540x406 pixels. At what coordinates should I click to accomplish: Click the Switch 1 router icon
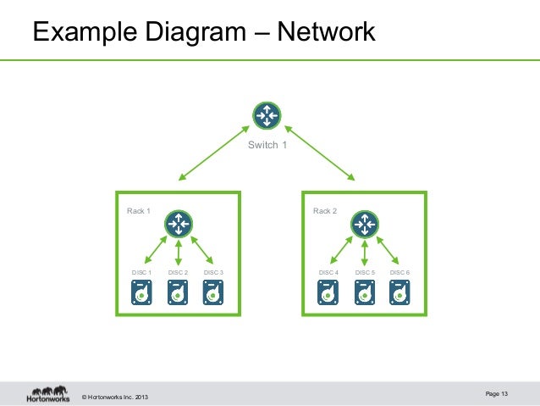tap(267, 117)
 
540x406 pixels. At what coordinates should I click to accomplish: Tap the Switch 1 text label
tap(267, 145)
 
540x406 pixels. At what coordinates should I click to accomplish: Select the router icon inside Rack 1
tap(178, 224)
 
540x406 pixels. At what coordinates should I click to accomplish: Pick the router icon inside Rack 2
tap(365, 224)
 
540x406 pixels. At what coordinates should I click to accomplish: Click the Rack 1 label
tap(138, 211)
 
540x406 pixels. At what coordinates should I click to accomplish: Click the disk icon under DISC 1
tap(141, 292)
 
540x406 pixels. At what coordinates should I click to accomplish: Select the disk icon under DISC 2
tap(178, 292)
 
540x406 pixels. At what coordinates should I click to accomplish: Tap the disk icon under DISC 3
tap(213, 292)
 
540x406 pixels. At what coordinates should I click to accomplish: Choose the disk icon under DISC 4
tap(328, 292)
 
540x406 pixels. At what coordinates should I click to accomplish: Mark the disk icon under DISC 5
tap(365, 292)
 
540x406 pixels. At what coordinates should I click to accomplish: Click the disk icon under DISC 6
tap(400, 292)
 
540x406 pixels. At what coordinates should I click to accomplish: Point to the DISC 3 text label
tap(213, 272)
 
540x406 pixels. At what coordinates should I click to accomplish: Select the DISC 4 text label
tap(328, 272)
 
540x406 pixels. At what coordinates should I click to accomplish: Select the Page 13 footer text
tap(498, 393)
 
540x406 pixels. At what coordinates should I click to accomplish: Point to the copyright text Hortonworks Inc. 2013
tap(117, 397)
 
